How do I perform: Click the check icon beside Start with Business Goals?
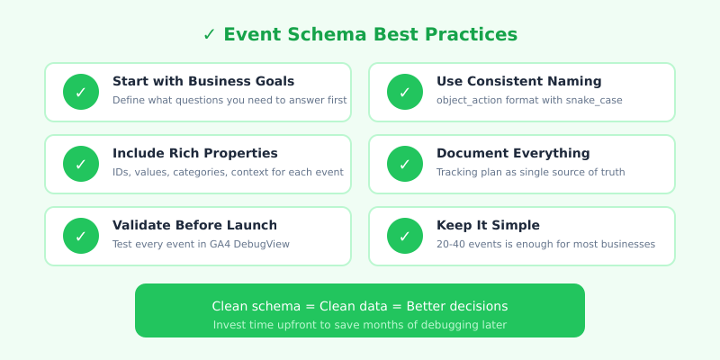click(81, 92)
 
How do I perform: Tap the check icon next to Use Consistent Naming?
click(405, 92)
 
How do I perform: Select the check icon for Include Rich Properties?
click(81, 164)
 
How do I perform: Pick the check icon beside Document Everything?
click(405, 164)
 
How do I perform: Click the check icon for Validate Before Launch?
click(81, 236)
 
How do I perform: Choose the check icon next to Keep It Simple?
click(405, 236)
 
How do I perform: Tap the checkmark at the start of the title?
click(209, 34)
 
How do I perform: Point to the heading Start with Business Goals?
click(203, 81)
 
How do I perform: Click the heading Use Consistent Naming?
click(519, 81)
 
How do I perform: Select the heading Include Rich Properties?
click(195, 153)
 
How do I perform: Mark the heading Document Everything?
click(513, 153)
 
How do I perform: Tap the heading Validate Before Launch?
click(194, 225)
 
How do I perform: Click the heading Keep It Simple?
click(488, 225)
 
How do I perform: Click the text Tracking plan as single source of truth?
click(530, 172)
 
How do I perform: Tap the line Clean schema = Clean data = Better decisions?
click(360, 306)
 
